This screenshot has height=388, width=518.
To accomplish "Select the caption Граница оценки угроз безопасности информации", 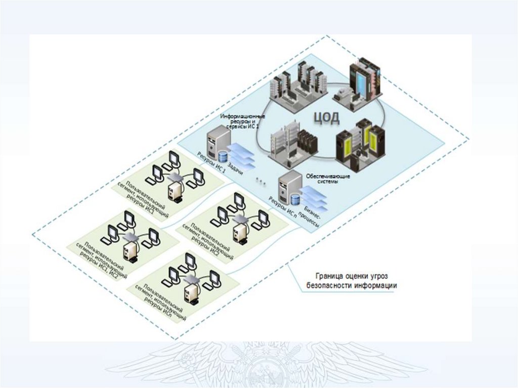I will pyautogui.click(x=351, y=281).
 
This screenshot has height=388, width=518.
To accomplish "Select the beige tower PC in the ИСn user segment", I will pyautogui.click(x=193, y=290).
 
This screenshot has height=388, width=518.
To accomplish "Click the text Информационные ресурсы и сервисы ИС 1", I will pyautogui.click(x=242, y=121).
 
